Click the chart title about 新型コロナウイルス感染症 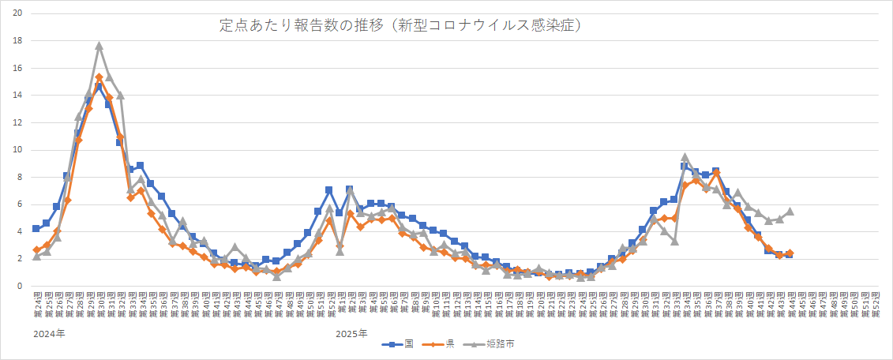pyautogui.click(x=401, y=26)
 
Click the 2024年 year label pyautogui.click(x=49, y=334)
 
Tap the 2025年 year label pyautogui.click(x=351, y=334)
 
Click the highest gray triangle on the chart pyautogui.click(x=99, y=46)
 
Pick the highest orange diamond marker pyautogui.click(x=99, y=77)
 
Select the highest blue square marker pyautogui.click(x=99, y=87)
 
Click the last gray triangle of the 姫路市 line pyautogui.click(x=790, y=212)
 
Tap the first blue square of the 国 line pyautogui.click(x=36, y=228)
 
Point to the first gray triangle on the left pyautogui.click(x=36, y=256)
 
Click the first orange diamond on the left pyautogui.click(x=36, y=249)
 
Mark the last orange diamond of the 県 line pyautogui.click(x=790, y=253)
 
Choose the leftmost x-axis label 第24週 pyautogui.click(x=36, y=305)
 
